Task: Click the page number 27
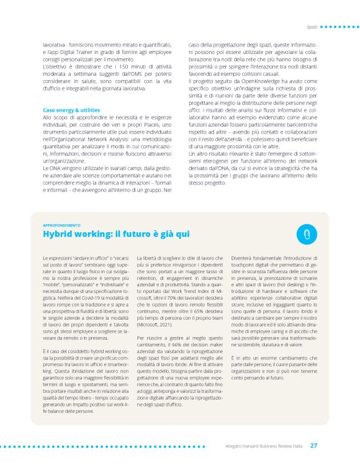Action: (314, 445)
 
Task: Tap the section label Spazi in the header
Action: (312, 27)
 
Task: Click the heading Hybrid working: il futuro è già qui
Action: (117, 233)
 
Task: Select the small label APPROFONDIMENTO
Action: (61, 225)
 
